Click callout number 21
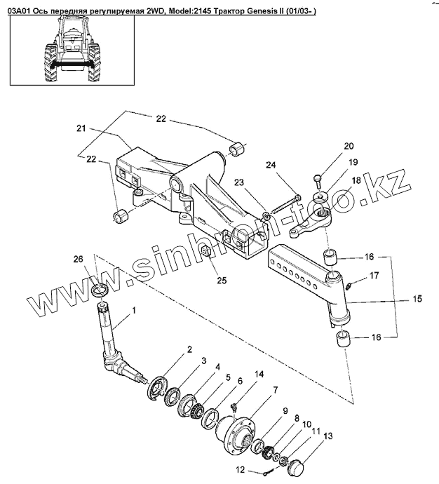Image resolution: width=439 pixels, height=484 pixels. pyautogui.click(x=81, y=129)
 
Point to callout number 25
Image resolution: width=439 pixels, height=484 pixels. pyautogui.click(x=222, y=281)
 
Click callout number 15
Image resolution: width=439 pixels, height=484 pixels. pyautogui.click(x=417, y=298)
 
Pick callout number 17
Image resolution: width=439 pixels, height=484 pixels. pyautogui.click(x=374, y=276)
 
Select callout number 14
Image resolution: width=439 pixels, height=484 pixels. pyautogui.click(x=259, y=375)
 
